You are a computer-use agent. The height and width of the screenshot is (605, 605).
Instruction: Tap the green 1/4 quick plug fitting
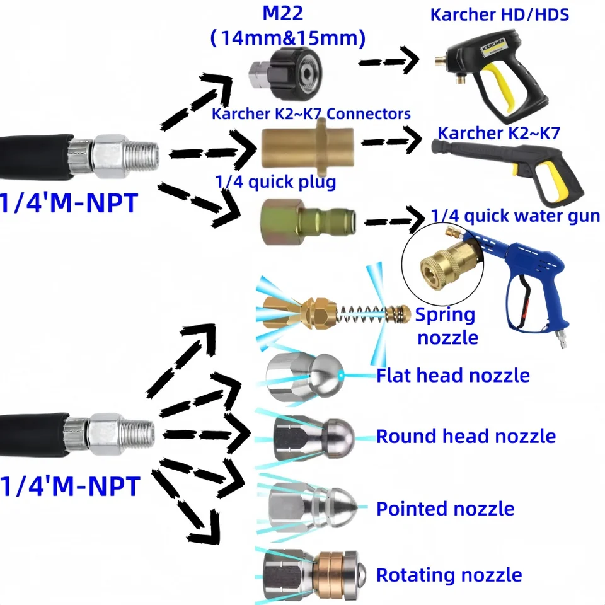click(x=308, y=222)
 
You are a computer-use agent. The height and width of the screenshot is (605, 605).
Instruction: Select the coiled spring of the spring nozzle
click(x=360, y=313)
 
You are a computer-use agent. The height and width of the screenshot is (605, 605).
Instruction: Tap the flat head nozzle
click(x=304, y=377)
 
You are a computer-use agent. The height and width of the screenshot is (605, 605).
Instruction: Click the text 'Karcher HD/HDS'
click(x=499, y=14)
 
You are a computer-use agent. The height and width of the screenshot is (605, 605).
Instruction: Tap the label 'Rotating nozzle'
click(x=449, y=575)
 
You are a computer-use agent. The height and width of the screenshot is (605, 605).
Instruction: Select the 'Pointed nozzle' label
click(x=446, y=509)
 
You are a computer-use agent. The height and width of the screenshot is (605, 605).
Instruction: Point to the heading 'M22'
click(x=283, y=13)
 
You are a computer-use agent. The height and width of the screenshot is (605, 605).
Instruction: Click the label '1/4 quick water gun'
click(x=516, y=216)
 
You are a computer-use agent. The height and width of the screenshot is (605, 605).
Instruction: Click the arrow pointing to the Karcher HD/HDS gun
click(x=388, y=61)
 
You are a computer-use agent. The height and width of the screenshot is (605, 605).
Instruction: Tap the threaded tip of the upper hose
click(x=143, y=156)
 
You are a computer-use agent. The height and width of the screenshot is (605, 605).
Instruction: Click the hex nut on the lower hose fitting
click(x=105, y=434)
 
